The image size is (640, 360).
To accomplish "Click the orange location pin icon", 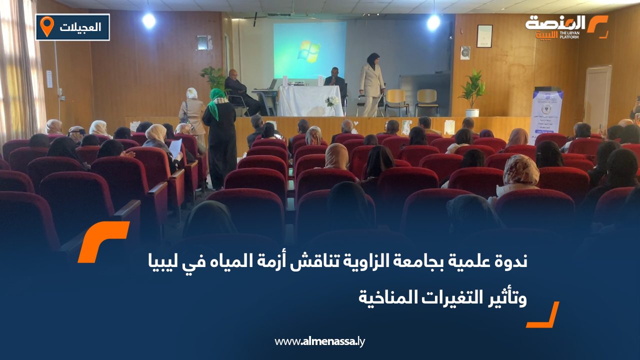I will [46, 26].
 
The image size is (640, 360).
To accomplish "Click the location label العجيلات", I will [80, 27].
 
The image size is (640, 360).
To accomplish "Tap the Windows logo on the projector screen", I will [308, 51].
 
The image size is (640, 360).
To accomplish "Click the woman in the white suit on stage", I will [371, 83].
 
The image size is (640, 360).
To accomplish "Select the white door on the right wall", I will [597, 97].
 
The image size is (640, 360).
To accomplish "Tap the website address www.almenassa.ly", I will [320, 341].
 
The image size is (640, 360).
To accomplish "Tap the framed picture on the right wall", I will [484, 36].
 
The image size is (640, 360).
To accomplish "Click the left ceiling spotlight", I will [148, 20].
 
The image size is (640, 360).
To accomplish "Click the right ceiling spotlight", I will [433, 21].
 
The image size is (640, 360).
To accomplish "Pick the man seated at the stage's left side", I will [237, 90].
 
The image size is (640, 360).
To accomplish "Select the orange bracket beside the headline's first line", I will [103, 241].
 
